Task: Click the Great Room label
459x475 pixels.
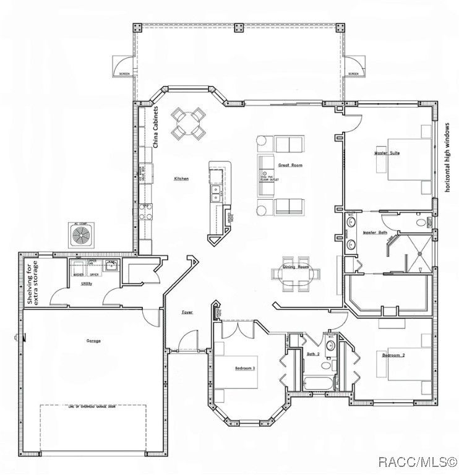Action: tap(290, 165)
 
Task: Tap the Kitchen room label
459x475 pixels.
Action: tap(181, 179)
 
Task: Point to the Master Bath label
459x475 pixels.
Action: tap(375, 233)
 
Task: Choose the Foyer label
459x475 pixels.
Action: tap(187, 312)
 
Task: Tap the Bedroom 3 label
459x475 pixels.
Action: tap(245, 368)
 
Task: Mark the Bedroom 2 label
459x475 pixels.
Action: tap(393, 356)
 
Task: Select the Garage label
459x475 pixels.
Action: tap(94, 341)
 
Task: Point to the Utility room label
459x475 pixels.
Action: tap(87, 285)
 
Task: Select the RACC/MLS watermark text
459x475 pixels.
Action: tap(418, 461)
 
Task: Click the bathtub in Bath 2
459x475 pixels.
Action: tap(316, 382)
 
